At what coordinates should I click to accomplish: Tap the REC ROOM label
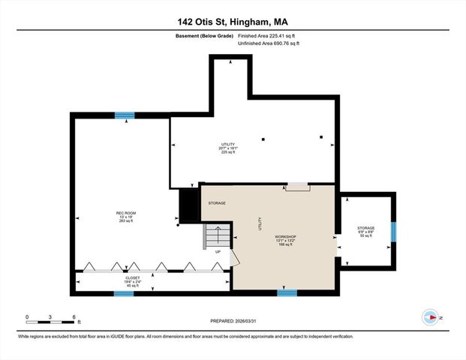point(125,214)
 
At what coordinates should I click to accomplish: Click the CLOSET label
point(132,277)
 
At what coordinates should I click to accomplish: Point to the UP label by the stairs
point(218,252)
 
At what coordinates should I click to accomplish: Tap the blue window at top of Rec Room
point(125,115)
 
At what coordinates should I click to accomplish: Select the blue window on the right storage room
point(394,231)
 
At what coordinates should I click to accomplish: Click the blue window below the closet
point(124,294)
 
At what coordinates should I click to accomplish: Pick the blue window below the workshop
point(287,293)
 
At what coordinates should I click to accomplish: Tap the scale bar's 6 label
point(73,318)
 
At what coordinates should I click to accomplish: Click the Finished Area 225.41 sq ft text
point(268,35)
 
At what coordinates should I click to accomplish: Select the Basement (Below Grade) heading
point(203,35)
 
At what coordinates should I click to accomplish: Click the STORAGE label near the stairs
point(217,202)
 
